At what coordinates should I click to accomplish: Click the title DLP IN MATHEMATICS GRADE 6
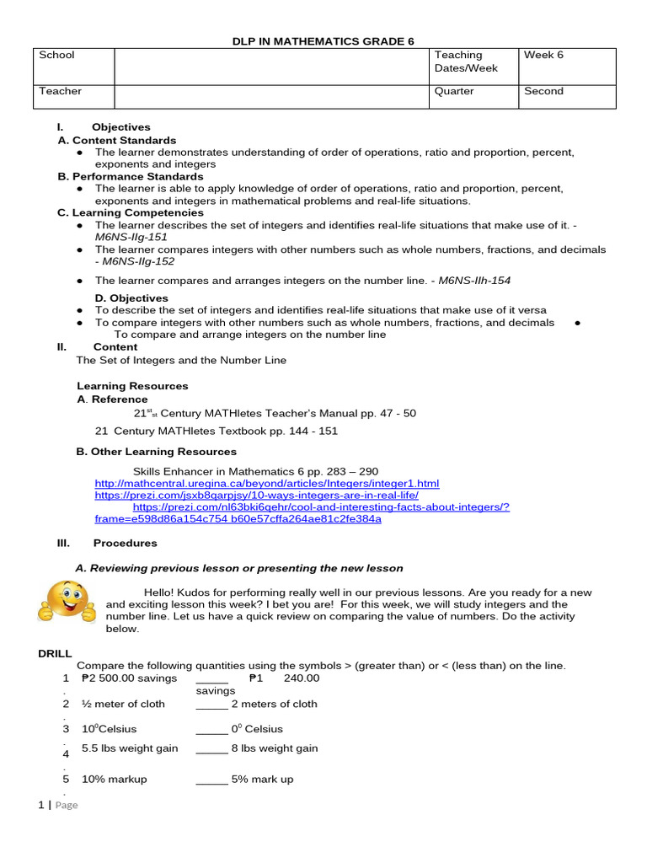(x=323, y=41)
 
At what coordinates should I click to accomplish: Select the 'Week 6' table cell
(x=543, y=56)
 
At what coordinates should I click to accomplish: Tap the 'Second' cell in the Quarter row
(x=543, y=91)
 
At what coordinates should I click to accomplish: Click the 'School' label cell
(x=56, y=56)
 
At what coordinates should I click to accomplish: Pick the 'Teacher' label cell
(x=60, y=91)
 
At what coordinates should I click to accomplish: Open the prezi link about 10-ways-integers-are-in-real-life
(x=268, y=496)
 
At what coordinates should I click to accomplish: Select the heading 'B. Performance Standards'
(x=131, y=177)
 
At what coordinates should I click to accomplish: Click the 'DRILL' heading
(x=56, y=653)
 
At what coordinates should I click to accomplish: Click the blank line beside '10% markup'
(x=211, y=780)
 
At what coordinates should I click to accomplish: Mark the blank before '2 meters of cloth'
(x=211, y=704)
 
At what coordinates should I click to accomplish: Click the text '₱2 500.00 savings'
(x=129, y=678)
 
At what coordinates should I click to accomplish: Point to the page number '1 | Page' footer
(x=58, y=805)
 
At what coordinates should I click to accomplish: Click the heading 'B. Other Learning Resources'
(x=157, y=452)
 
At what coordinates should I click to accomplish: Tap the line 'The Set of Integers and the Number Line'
(x=181, y=360)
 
